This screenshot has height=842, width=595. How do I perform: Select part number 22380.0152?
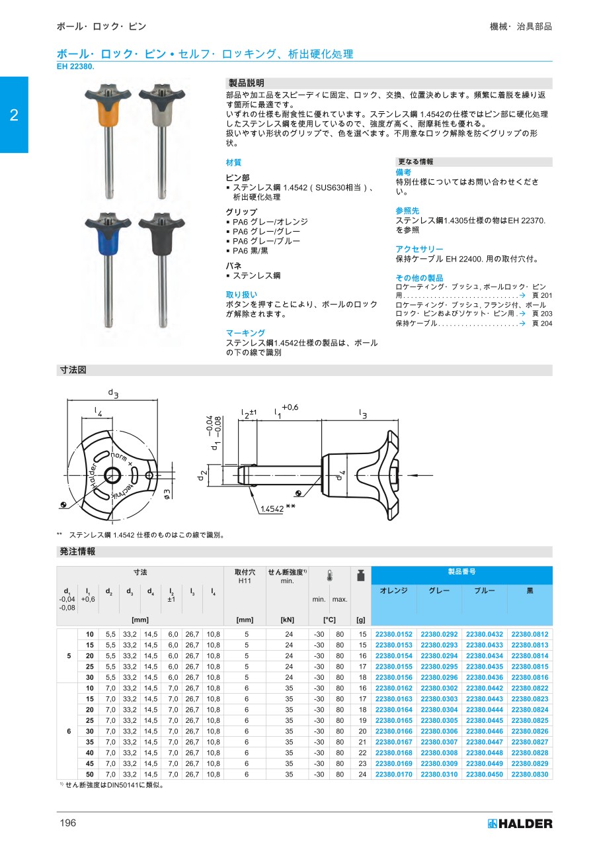[x=394, y=634]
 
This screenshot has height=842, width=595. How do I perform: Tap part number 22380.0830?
[x=530, y=774]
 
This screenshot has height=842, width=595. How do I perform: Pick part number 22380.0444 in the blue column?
[x=484, y=710]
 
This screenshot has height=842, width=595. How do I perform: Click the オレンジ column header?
[x=394, y=590]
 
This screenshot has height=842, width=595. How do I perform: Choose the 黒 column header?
[x=530, y=590]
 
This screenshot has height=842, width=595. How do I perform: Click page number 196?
[x=68, y=823]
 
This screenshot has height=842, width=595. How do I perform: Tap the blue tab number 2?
[x=14, y=115]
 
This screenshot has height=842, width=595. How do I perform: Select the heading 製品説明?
[x=246, y=83]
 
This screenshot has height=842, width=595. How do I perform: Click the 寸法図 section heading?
[x=73, y=371]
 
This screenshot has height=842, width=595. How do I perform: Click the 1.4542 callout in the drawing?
[x=272, y=508]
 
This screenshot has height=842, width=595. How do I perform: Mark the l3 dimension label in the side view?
[x=363, y=414]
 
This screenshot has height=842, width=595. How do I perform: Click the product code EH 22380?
[x=75, y=66]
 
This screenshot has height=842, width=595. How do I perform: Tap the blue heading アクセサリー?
[x=419, y=249]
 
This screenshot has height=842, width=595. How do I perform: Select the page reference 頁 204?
[x=541, y=323]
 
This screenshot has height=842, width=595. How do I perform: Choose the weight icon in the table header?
[x=361, y=575]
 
